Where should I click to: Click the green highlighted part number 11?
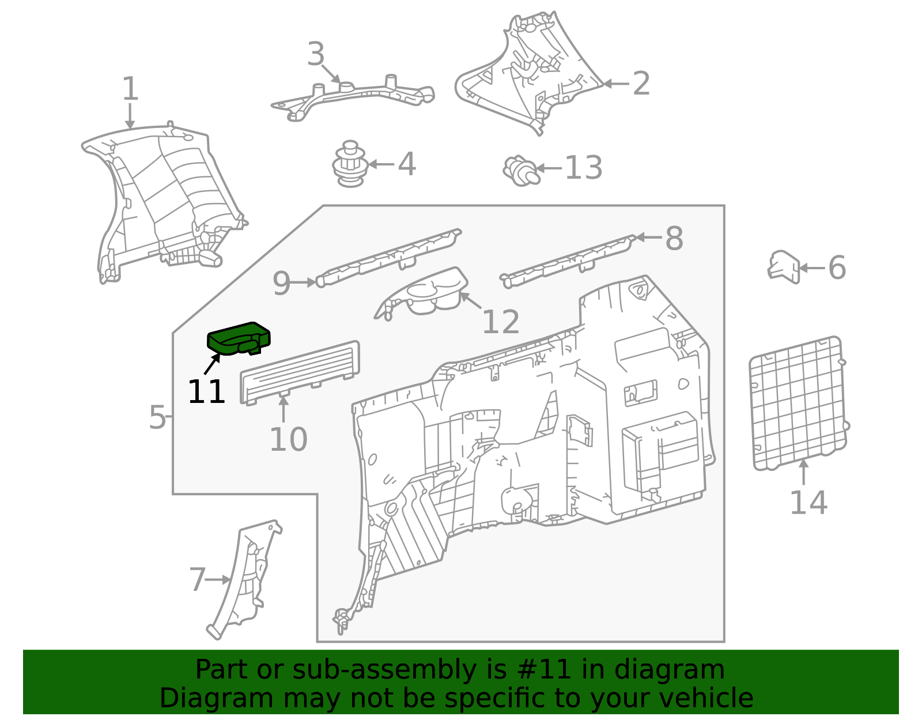(239, 338)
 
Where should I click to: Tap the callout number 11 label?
(206, 391)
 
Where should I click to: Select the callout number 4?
(406, 164)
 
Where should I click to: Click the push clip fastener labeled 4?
(349, 164)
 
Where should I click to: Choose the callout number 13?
(584, 168)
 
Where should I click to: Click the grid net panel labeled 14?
(799, 404)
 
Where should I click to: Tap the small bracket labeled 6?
(784, 267)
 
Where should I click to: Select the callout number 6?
(837, 267)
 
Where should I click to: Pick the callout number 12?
(501, 322)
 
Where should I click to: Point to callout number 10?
(288, 440)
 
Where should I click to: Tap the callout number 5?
(157, 417)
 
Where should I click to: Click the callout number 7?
(197, 579)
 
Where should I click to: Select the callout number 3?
(316, 54)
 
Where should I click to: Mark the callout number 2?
(641, 84)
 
